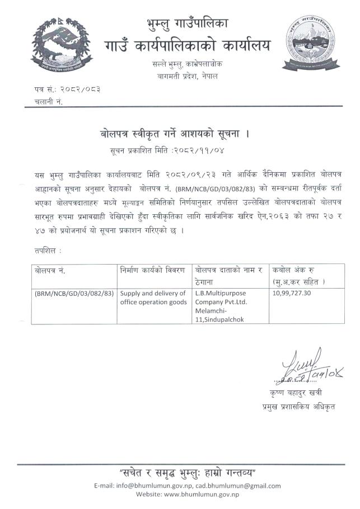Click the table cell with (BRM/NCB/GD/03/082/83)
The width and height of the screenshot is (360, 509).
point(74,293)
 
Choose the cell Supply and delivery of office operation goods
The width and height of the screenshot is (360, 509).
point(153,298)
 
